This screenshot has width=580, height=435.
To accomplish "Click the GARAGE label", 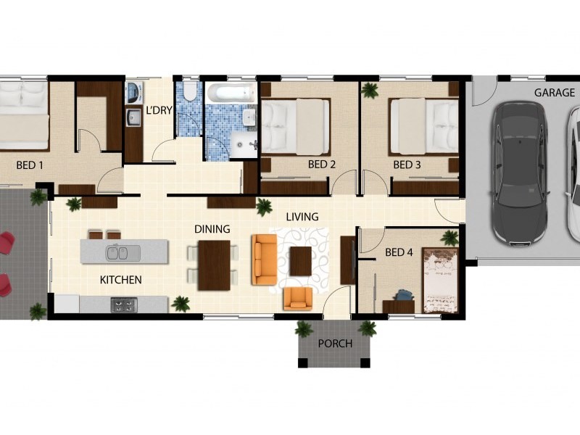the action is (x=554, y=93).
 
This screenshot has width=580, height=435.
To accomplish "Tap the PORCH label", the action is (x=335, y=344).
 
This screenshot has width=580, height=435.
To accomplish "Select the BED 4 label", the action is (x=399, y=252).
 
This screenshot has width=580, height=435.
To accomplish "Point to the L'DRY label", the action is (x=159, y=110).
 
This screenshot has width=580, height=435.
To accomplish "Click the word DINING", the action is (x=212, y=229).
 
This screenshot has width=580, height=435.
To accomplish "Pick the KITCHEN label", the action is (x=121, y=280).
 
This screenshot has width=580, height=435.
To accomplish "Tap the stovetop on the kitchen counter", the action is (x=124, y=305).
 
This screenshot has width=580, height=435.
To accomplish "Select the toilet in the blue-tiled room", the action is (x=190, y=91).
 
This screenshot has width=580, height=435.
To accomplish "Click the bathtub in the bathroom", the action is (x=231, y=94).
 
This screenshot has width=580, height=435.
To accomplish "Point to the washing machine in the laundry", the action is (x=133, y=93).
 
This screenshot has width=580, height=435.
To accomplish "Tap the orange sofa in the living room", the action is (x=265, y=260).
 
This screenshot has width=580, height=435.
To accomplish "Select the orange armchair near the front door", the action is (x=298, y=299).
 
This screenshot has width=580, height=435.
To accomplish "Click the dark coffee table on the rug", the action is (x=301, y=261).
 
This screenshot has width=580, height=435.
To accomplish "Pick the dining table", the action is (x=214, y=265).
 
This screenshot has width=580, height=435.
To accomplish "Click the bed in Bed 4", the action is (x=441, y=281).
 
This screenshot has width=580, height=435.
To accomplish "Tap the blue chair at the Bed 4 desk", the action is (x=404, y=296).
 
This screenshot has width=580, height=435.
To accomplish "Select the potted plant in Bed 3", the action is (x=370, y=90).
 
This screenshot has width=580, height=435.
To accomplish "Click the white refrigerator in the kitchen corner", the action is (x=67, y=304).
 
